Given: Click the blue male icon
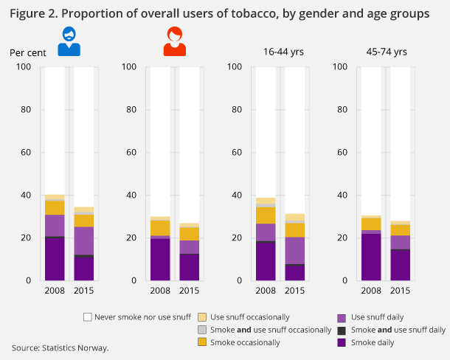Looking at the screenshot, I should (69, 41).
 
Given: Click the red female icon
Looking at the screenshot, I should (174, 41).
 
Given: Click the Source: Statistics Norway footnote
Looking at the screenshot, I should (60, 347).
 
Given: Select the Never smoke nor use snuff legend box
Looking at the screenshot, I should (88, 316).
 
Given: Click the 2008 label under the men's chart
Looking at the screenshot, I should (54, 290).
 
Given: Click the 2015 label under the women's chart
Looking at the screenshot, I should (189, 290).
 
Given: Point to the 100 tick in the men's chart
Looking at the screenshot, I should (24, 67).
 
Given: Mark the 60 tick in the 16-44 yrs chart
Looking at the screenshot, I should (235, 153).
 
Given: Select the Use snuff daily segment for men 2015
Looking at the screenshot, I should (83, 240).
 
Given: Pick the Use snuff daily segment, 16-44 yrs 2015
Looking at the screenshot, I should (295, 250).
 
